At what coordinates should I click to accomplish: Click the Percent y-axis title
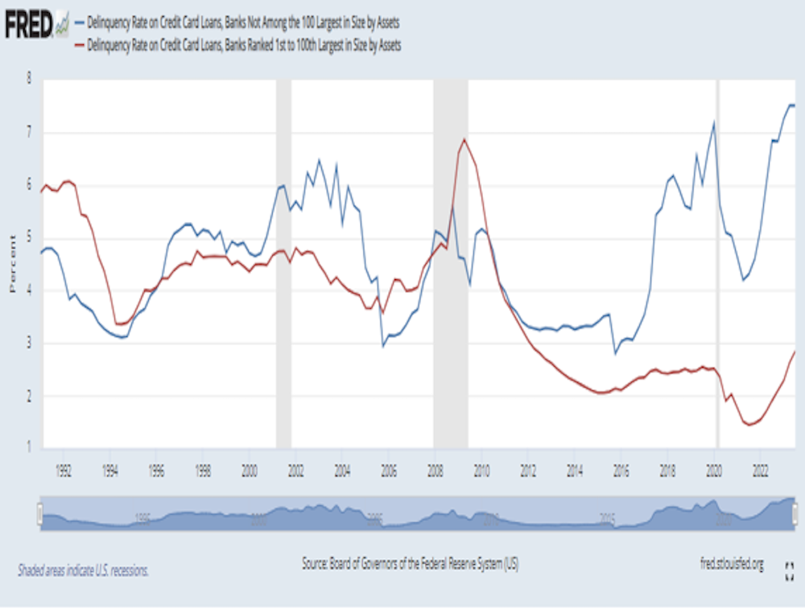click(11, 265)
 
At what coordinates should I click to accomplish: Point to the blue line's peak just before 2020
click(714, 122)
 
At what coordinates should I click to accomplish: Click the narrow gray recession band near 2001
click(283, 265)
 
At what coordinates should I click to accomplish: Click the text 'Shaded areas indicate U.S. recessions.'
click(83, 570)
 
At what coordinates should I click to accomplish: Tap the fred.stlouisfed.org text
click(727, 565)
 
